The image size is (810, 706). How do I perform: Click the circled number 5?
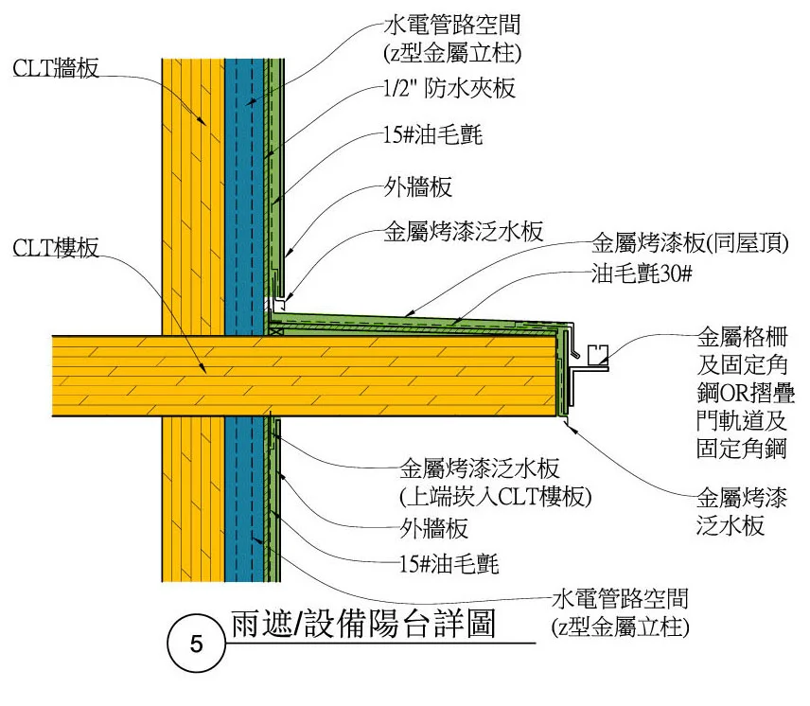point(195,646)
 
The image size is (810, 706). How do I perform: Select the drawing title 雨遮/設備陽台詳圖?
point(363,627)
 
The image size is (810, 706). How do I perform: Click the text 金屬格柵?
point(736,337)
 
